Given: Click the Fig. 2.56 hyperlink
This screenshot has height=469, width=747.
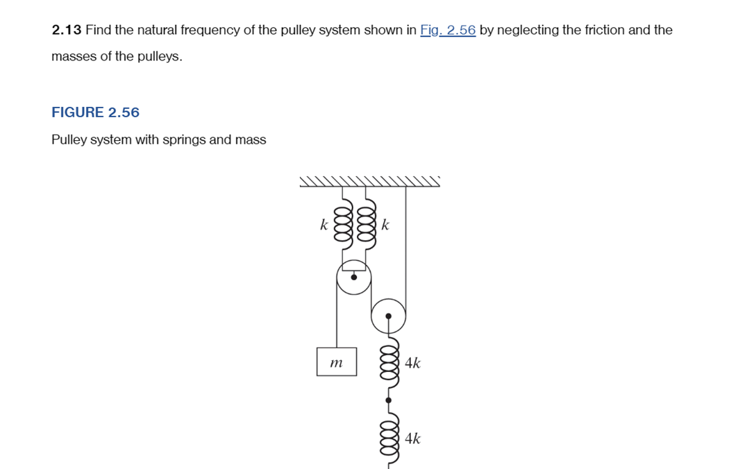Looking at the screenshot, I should tap(448, 30).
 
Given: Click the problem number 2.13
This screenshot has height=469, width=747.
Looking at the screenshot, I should tap(67, 30).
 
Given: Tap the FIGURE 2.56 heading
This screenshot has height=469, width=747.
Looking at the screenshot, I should tap(95, 112).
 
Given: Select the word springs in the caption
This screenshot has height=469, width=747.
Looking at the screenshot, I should tap(185, 140).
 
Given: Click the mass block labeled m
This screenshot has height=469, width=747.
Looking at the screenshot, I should tap(337, 362).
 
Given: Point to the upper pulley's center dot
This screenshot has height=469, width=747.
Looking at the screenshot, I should tap(354, 277).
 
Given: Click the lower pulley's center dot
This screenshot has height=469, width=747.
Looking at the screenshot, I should tap(389, 316).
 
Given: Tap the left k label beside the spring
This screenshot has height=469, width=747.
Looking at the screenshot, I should tap(323, 225).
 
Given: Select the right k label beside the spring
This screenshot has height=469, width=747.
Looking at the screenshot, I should tap(386, 225).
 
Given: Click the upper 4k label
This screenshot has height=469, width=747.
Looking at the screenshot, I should tap(412, 363).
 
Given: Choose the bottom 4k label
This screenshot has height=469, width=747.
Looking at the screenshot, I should tap(412, 438).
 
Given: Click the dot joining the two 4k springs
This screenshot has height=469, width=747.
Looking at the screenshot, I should tap(389, 400).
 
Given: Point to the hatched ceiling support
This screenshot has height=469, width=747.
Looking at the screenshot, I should tap(369, 182).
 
